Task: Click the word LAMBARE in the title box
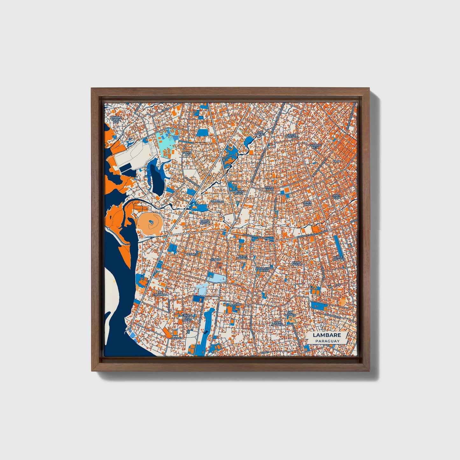327,335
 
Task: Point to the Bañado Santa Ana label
116,119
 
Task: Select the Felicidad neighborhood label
217,202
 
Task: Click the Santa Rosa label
205,222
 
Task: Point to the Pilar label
336,161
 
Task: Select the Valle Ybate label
269,189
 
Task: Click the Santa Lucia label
336,197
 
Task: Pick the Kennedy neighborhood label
192,255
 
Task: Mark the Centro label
216,259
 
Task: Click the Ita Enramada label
160,294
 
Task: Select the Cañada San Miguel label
188,317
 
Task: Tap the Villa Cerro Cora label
265,269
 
